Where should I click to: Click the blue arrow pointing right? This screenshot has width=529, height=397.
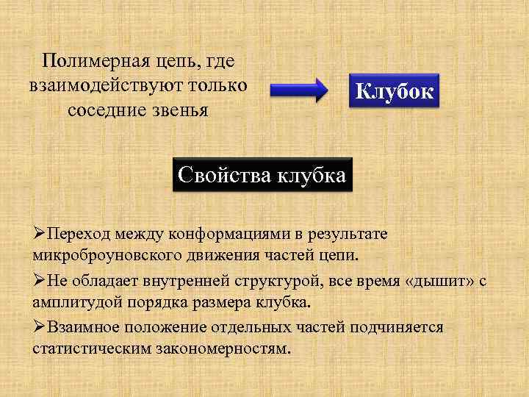[299, 92]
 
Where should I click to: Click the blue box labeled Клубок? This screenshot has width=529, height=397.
[395, 92]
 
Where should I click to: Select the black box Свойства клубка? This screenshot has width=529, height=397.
[263, 176]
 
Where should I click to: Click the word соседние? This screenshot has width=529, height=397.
[106, 110]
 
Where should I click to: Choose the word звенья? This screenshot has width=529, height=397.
[179, 110]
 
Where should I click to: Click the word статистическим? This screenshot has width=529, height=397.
[91, 348]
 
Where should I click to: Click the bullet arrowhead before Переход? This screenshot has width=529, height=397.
[39, 234]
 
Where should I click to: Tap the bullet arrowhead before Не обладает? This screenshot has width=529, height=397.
[39, 280]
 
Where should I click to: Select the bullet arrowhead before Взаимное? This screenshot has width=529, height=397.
[39, 326]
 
